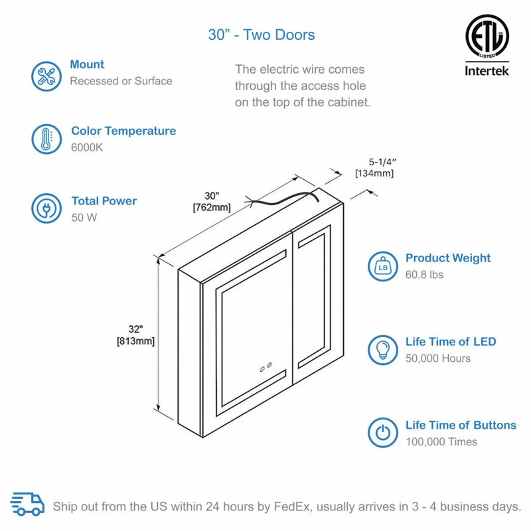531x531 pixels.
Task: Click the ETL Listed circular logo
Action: tap(487, 37)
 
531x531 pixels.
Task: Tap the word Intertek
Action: tap(487, 71)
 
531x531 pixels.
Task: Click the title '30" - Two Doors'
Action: tap(262, 35)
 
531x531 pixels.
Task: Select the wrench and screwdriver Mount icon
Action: tap(46, 76)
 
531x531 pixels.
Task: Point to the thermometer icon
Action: tap(46, 139)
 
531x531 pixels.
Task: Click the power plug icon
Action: tap(46, 208)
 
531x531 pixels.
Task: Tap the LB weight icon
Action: tap(383, 267)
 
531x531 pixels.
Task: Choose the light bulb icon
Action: tap(383, 350)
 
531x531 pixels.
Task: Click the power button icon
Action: tap(383, 433)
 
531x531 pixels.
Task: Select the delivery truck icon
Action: tap(27, 504)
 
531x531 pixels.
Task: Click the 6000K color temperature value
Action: tap(87, 147)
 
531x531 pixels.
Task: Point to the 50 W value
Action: tap(84, 218)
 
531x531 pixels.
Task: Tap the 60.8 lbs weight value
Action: tap(424, 275)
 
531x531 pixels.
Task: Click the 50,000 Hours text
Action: tap(438, 358)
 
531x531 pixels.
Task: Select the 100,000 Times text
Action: tap(441, 441)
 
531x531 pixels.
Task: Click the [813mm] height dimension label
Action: tap(136, 341)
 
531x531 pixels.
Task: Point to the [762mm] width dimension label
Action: tap(212, 207)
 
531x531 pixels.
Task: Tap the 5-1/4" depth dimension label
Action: tap(382, 162)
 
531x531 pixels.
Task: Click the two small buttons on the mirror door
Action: tap(266, 367)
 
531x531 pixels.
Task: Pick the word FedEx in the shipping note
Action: tap(291, 506)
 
